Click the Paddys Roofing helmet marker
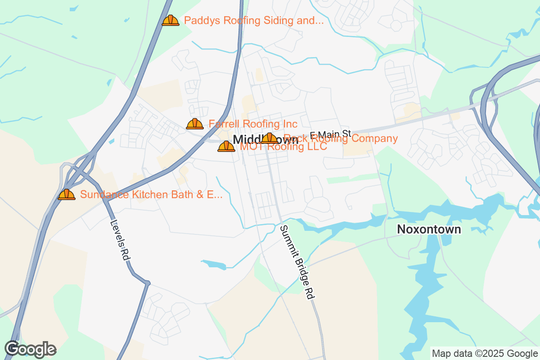[171, 20]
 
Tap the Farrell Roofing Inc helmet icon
[195, 124]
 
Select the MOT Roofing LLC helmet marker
[226, 146]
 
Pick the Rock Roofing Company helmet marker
[270, 138]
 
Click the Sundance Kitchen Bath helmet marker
[67, 194]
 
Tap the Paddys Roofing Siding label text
[254, 20]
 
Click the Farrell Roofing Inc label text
[253, 124]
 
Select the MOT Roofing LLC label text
[283, 147]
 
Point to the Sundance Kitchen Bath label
[151, 194]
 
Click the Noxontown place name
[429, 229]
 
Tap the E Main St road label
[330, 134]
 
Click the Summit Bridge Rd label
[296, 262]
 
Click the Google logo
[30, 349]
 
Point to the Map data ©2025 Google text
[484, 353]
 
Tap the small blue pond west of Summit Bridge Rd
[214, 265]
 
